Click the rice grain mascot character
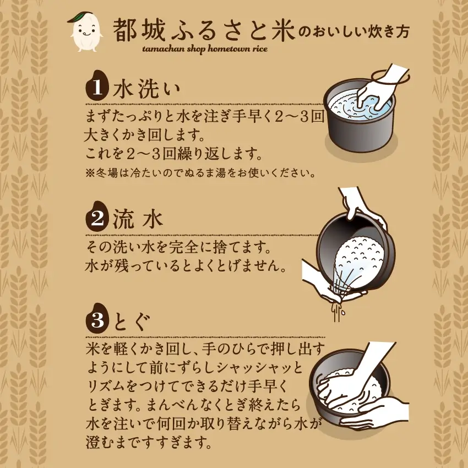85,34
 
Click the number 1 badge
97,88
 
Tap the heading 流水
138,220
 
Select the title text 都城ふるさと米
204,31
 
